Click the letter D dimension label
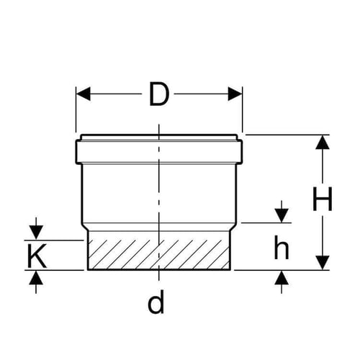[159, 94]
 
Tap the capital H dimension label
[323, 199]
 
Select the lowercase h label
[282, 247]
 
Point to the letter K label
[37, 256]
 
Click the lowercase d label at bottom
[156, 302]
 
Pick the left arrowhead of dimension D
[83, 94]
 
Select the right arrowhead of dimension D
[235, 94]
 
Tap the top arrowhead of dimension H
[323, 143]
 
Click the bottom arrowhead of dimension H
[323, 263]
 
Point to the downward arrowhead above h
[282, 216]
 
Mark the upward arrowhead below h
[282, 277]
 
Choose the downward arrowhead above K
[36, 233]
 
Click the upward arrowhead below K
[36, 277]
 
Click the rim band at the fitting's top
[159, 152]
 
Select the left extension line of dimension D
[76, 109]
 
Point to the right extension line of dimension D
[243, 109]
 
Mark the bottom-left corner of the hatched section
[88, 270]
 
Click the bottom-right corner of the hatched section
[230, 270]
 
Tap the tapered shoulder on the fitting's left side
[85, 227]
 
